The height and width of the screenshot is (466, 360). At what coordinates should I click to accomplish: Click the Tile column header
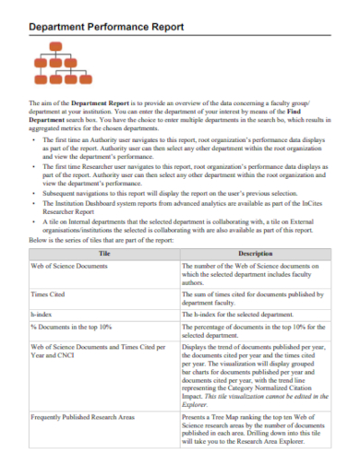(103, 252)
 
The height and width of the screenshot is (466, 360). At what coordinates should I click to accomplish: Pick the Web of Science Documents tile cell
(68, 266)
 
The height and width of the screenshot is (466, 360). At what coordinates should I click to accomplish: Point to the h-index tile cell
(42, 314)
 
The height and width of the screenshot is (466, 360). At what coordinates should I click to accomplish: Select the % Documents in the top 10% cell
(71, 328)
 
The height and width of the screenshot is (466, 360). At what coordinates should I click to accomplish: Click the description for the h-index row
(235, 314)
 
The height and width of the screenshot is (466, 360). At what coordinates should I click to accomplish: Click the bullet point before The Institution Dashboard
(33, 205)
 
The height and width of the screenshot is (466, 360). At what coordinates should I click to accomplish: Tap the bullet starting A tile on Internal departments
(175, 224)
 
